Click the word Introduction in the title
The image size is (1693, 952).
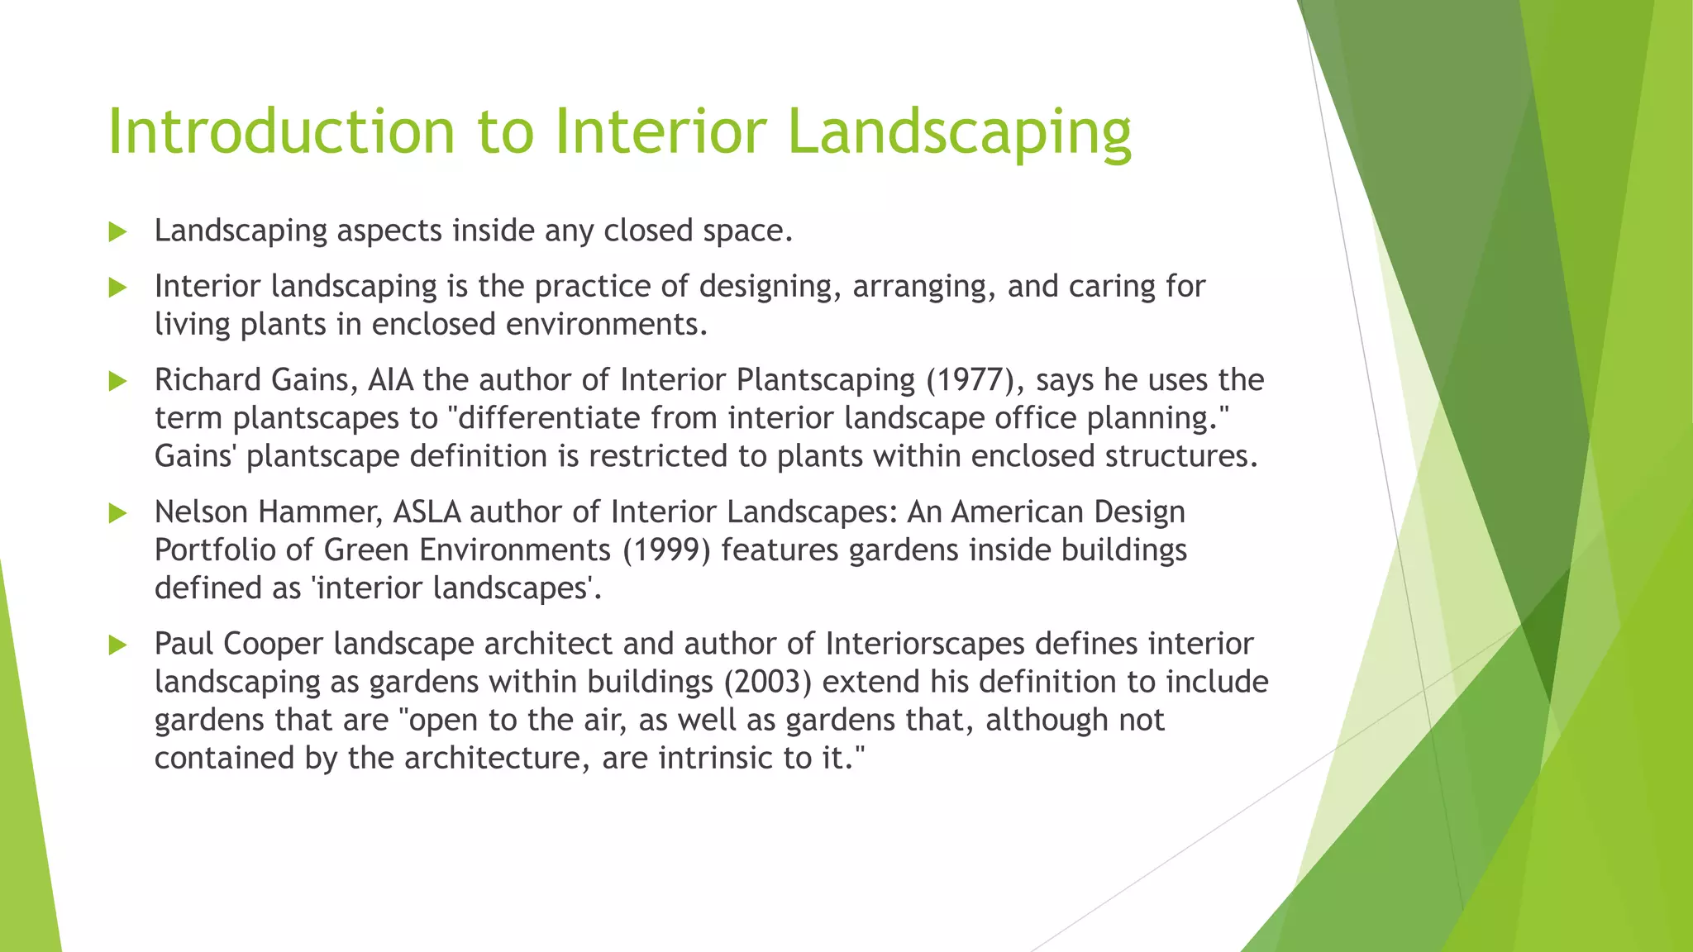pos(281,132)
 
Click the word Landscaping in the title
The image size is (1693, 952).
pos(959,132)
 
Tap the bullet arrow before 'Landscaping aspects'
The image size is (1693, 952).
pos(117,232)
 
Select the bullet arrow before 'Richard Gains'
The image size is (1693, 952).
pos(117,381)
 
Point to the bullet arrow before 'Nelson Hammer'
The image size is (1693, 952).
pos(117,513)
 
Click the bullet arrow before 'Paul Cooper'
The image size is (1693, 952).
pos(117,645)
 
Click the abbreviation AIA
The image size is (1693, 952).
pos(392,380)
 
